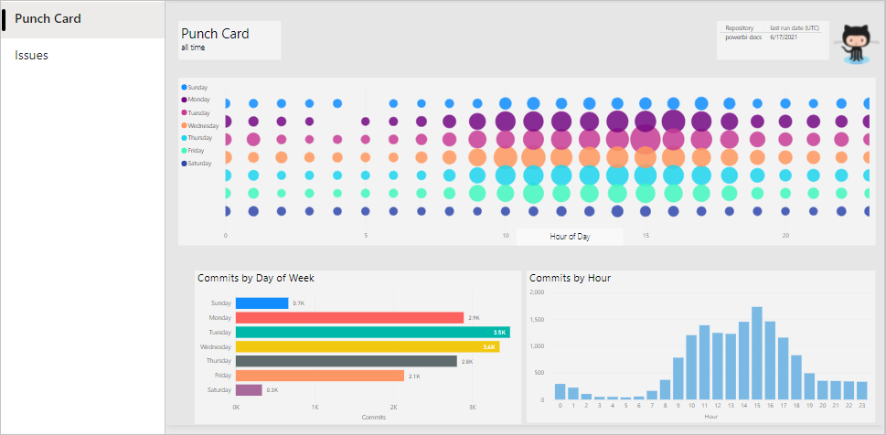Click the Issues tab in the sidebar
(32, 56)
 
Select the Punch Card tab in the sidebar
(48, 19)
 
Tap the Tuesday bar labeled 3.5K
(371, 332)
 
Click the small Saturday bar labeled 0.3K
(249, 389)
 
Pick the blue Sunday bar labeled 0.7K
(262, 303)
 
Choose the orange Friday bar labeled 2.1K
(319, 376)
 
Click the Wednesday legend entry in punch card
(202, 125)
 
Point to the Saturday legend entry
(199, 164)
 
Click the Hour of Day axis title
(570, 237)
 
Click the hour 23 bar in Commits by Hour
(862, 391)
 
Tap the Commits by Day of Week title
(256, 278)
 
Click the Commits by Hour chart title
(570, 278)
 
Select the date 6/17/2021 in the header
(784, 37)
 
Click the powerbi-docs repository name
(743, 37)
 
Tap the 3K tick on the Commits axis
(472, 407)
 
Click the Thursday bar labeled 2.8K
(346, 361)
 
